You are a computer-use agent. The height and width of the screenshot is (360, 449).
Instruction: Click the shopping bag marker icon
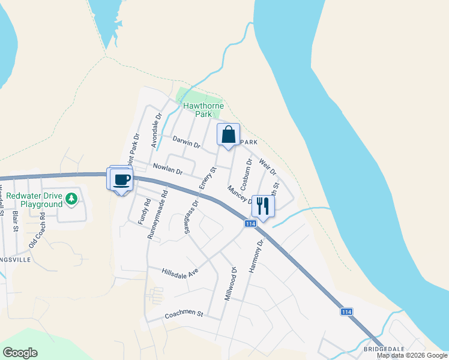pos(228,135)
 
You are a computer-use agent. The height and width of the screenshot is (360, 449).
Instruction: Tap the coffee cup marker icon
pos(121,179)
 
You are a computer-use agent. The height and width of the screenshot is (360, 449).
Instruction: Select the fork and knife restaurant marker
pos(263,206)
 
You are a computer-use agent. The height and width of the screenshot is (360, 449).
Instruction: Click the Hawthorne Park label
pos(203,110)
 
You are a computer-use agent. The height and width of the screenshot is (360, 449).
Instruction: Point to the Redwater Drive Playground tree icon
pos(71,197)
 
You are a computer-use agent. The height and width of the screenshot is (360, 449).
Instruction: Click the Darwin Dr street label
pos(185,142)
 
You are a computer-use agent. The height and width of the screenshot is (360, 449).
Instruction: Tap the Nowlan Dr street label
pos(167,170)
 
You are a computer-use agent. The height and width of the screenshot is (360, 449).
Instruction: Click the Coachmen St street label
pos(184,314)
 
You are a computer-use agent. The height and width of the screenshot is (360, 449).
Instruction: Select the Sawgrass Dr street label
pos(191,216)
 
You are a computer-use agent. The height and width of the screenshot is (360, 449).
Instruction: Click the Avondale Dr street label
pos(156,131)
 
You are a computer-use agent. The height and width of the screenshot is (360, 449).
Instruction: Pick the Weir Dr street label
pos(268,167)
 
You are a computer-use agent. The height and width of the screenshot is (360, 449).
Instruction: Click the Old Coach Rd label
pos(38,229)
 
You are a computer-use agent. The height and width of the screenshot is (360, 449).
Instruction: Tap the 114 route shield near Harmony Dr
pos(250,223)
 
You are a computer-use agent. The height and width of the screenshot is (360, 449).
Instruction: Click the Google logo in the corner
pos(20,353)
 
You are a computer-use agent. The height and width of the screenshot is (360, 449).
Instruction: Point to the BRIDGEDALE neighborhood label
pos(383,348)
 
